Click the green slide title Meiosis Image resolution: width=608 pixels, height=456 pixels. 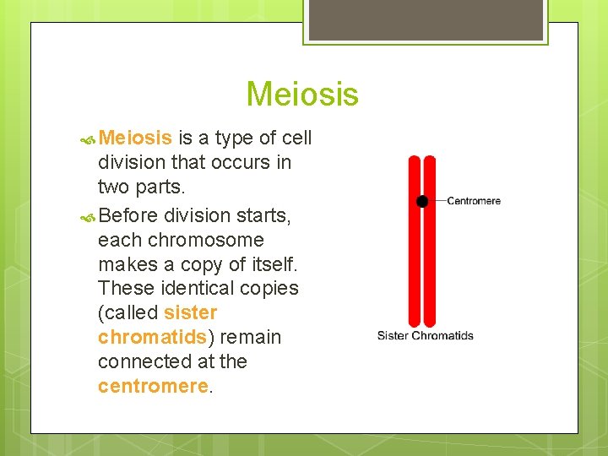tap(302, 94)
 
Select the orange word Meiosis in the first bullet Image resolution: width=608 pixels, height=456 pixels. tap(136, 138)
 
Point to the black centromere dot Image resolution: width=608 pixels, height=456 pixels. tap(422, 201)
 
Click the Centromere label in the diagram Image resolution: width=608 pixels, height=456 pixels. tap(473, 201)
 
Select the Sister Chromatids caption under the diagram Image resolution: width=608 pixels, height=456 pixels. tap(425, 335)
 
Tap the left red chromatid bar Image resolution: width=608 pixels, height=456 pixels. tap(415, 253)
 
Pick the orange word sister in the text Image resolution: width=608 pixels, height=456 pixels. tap(191, 312)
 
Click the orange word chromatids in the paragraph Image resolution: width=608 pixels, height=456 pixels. tap(152, 337)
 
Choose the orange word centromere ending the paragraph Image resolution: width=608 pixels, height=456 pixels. tap(152, 386)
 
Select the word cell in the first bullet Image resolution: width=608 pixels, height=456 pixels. tap(296, 138)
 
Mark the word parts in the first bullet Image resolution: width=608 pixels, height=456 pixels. tap(160, 186)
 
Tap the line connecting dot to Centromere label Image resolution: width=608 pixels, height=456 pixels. tap(437, 201)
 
